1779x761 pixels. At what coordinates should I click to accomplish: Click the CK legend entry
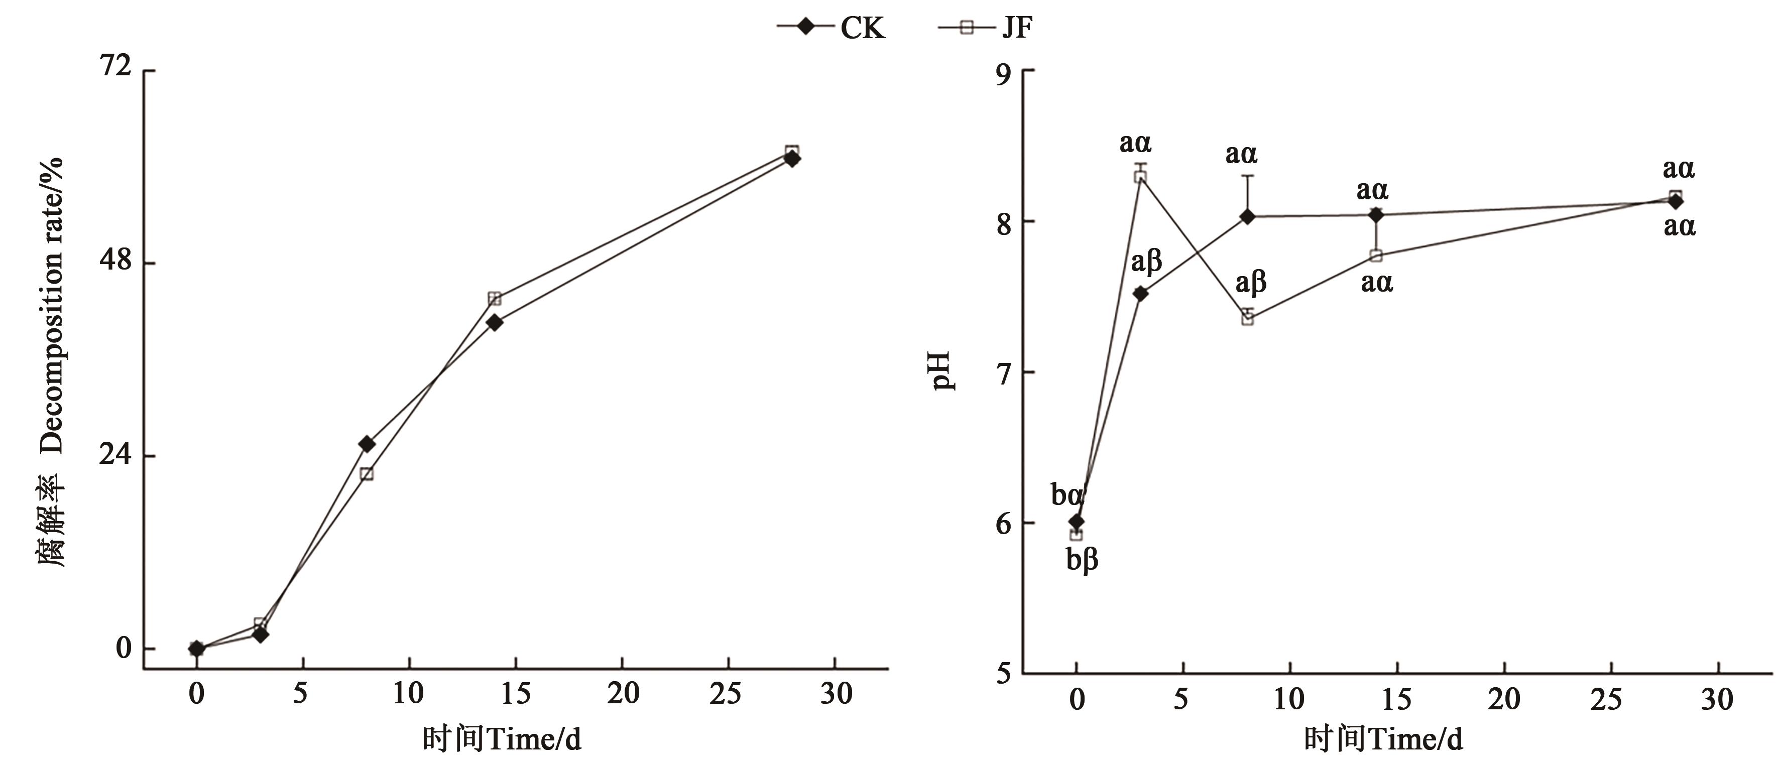(832, 28)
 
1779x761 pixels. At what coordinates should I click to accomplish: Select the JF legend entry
(986, 28)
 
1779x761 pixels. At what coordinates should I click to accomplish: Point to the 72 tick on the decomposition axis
(115, 66)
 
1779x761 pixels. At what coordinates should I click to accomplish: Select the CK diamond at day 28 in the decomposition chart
(792, 158)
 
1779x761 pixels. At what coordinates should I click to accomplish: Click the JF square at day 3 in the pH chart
(1140, 177)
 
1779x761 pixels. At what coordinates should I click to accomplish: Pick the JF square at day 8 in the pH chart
(1247, 318)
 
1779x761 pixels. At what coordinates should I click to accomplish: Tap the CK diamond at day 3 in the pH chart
(1140, 294)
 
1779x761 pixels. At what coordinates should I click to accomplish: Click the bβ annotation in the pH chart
(1082, 560)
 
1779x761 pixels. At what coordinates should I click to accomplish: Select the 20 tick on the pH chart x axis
(1503, 700)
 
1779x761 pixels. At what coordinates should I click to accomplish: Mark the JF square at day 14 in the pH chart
(1376, 256)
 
